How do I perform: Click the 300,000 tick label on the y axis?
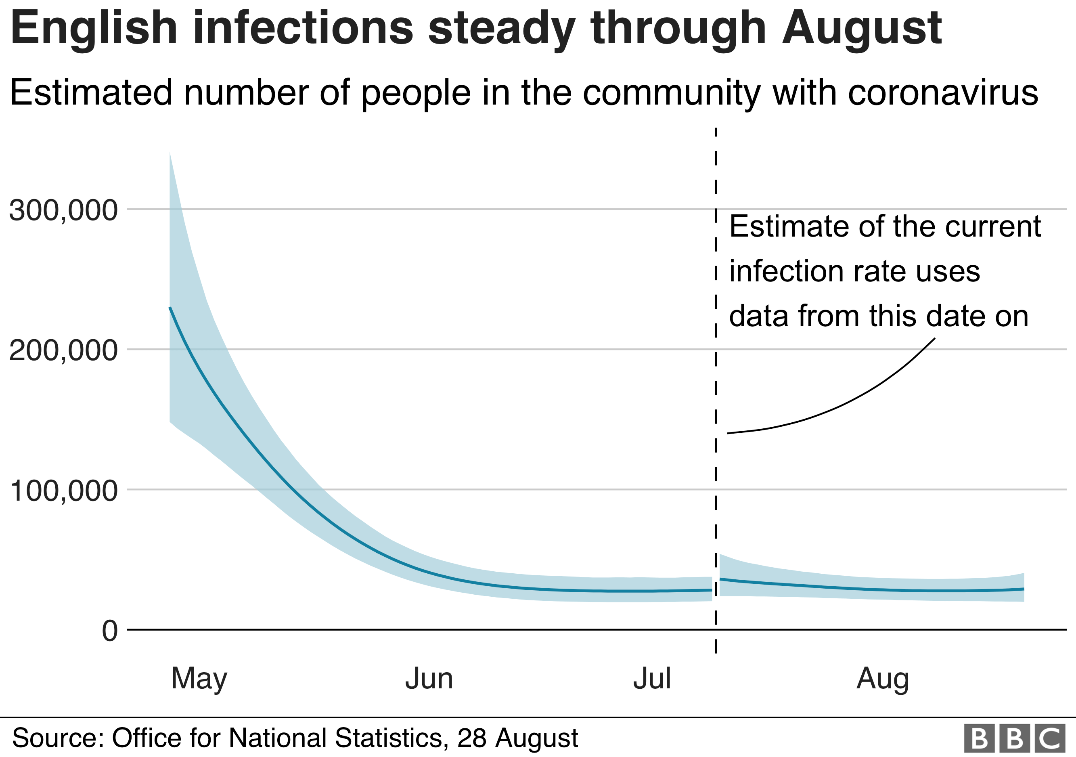(63, 210)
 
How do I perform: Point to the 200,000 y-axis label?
(63, 350)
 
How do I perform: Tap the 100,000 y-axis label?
(63, 491)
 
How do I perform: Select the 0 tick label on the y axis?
(110, 631)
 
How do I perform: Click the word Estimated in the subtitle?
(91, 93)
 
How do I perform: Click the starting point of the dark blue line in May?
(170, 308)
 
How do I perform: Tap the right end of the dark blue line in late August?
(1024, 589)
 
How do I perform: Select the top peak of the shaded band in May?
(170, 153)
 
